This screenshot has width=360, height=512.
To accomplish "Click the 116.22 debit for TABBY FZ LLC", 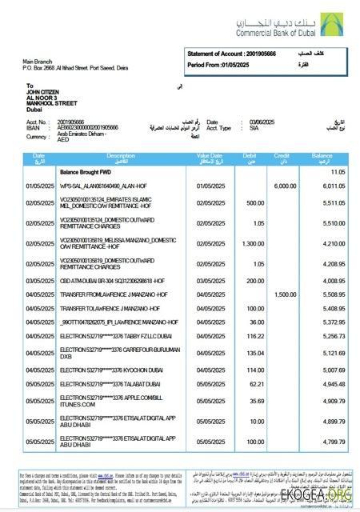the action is (254, 337).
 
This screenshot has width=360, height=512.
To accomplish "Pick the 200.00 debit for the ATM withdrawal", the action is (254, 281).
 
